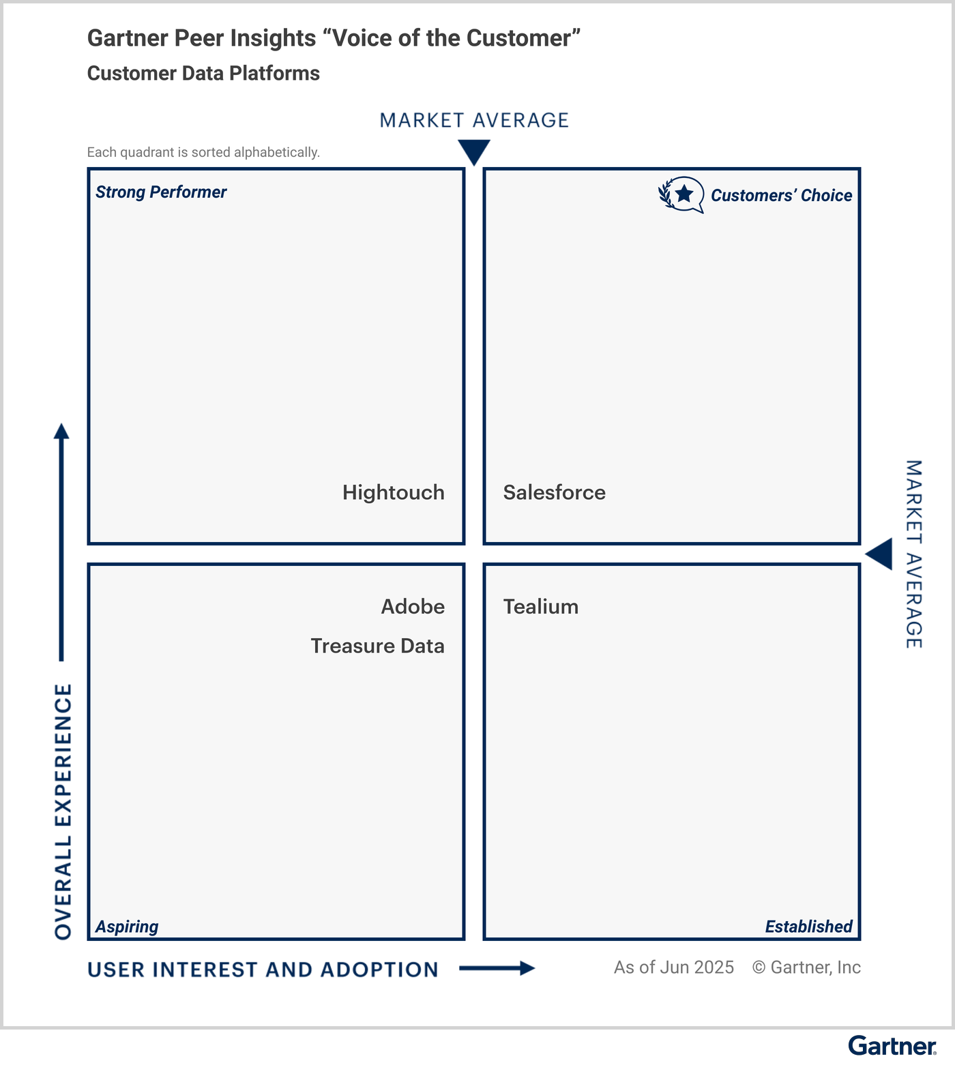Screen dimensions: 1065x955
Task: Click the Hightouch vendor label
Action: pyautogui.click(x=393, y=492)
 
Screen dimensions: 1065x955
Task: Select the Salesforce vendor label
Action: pyautogui.click(x=554, y=492)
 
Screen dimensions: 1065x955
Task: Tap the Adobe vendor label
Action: pyautogui.click(x=413, y=606)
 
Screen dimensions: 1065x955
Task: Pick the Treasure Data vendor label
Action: pyautogui.click(x=377, y=646)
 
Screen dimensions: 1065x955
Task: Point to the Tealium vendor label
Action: pyautogui.click(x=540, y=606)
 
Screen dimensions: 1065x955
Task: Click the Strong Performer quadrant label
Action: pyautogui.click(x=161, y=192)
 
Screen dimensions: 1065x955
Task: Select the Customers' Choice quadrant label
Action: pyautogui.click(x=781, y=196)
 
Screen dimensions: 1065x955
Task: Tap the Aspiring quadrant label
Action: pyautogui.click(x=127, y=927)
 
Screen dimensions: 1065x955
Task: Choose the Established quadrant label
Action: pyautogui.click(x=808, y=927)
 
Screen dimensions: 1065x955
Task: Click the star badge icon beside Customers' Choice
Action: pyautogui.click(x=681, y=195)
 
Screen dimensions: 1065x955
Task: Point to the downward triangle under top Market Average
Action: pyautogui.click(x=474, y=151)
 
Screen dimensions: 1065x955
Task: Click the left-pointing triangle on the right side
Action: pyautogui.click(x=880, y=554)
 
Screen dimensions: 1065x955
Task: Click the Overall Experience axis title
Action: pyautogui.click(x=63, y=811)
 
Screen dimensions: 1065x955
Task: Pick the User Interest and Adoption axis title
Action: pyautogui.click(x=263, y=970)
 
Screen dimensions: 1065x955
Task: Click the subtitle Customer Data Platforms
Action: pyautogui.click(x=203, y=74)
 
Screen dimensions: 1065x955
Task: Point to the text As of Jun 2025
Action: pyautogui.click(x=673, y=967)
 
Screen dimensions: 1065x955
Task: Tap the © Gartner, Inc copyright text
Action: pyautogui.click(x=806, y=967)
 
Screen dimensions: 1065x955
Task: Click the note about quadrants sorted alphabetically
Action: pyautogui.click(x=203, y=152)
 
